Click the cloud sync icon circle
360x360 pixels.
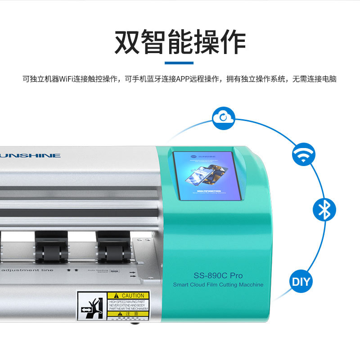(x=224, y=118)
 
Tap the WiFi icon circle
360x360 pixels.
(x=304, y=155)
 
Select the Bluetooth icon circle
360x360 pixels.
(x=324, y=210)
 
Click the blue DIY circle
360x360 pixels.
(x=301, y=282)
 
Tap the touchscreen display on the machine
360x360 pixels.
(x=204, y=175)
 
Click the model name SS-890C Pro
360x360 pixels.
(x=218, y=275)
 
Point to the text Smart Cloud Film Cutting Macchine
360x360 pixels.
(x=218, y=284)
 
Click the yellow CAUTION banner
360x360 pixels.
(x=128, y=296)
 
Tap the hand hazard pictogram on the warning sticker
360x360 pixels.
(x=92, y=306)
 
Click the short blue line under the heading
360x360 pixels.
(x=179, y=63)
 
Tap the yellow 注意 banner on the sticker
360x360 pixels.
(x=128, y=314)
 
